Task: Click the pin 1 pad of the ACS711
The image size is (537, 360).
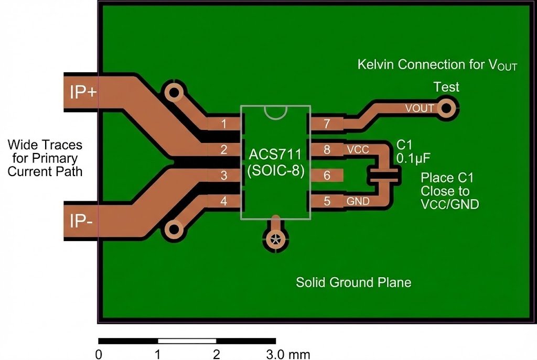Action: pos(224,124)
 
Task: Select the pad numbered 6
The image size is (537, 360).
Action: pos(327,176)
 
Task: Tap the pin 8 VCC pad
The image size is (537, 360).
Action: pos(327,150)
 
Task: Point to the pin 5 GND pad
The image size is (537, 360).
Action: pos(327,201)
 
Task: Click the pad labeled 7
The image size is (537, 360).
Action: pos(327,124)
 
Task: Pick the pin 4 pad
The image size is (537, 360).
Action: pos(224,201)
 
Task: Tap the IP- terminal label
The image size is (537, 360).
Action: pos(82,222)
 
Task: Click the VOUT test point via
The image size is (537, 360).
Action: pos(447,108)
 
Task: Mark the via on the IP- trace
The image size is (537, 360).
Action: pos(174,230)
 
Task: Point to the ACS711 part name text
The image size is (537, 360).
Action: pos(275,155)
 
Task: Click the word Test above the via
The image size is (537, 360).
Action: pos(446,87)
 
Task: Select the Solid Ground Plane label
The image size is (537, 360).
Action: pos(353,282)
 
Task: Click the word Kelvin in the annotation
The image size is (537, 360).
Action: pos(376,64)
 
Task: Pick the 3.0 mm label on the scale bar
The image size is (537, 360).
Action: pos(288,354)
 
